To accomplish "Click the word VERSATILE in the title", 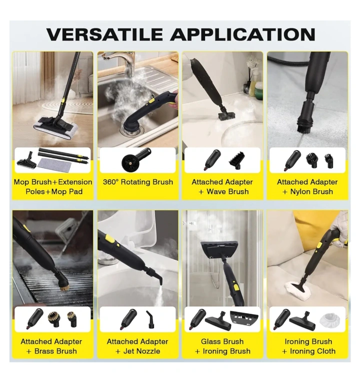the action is [x=104, y=34].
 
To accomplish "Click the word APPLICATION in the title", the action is [x=242, y=34].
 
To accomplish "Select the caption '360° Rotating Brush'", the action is [x=138, y=182].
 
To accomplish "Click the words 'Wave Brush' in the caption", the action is [x=227, y=192].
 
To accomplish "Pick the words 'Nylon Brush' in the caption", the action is [x=311, y=192].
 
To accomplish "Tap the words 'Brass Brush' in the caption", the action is [x=55, y=351].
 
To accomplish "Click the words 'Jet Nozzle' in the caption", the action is [x=141, y=351].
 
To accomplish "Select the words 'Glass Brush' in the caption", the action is [x=222, y=341].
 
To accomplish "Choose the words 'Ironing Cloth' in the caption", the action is [x=313, y=351].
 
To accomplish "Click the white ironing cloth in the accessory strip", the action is [x=330, y=320].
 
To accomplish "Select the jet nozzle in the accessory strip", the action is [x=150, y=319].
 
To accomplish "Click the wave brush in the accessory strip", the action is [x=236, y=161].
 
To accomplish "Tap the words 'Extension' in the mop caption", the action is [x=75, y=182].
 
